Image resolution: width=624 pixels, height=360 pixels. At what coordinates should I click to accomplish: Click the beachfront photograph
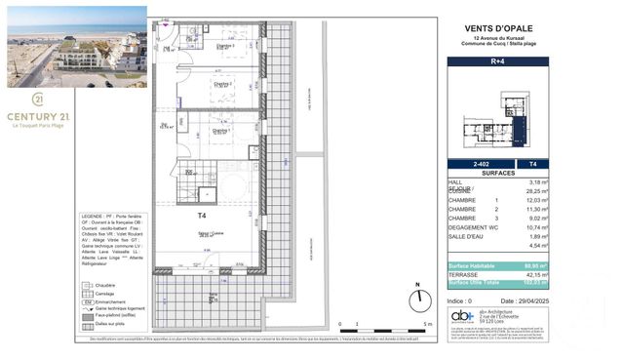tap(77, 41)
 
